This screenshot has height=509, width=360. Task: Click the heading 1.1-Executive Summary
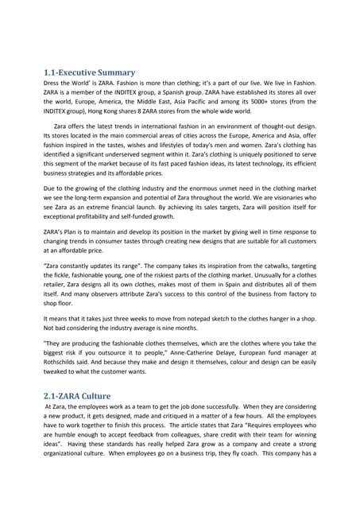90,72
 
